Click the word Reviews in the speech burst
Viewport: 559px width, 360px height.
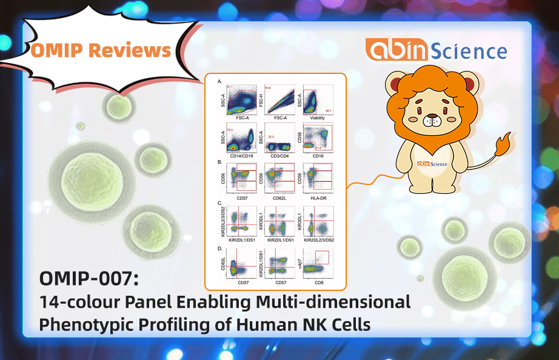pyautogui.click(x=133, y=50)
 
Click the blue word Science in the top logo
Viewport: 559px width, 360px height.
pyautogui.click(x=469, y=51)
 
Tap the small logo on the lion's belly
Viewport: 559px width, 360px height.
pyautogui.click(x=432, y=164)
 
